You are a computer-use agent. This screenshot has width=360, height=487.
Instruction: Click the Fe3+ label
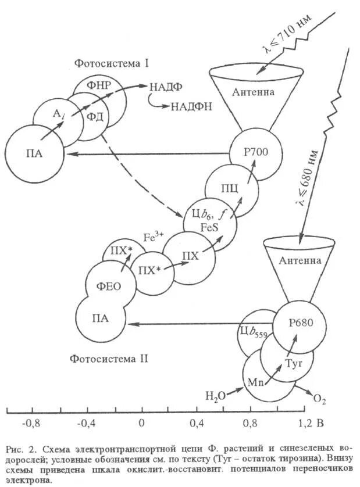click(x=153, y=237)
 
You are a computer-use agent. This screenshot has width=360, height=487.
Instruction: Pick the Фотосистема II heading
click(x=109, y=359)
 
